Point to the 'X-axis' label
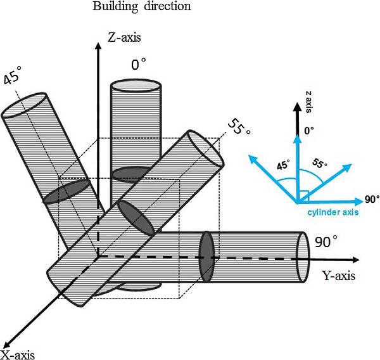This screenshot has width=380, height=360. pyautogui.click(x=18, y=353)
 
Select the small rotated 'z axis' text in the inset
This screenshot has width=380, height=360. pyautogui.click(x=308, y=101)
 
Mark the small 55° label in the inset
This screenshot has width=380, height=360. pyautogui.click(x=321, y=164)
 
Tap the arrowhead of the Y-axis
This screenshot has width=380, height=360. pyautogui.click(x=357, y=259)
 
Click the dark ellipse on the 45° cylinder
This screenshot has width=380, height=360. pyautogui.click(x=68, y=190)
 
